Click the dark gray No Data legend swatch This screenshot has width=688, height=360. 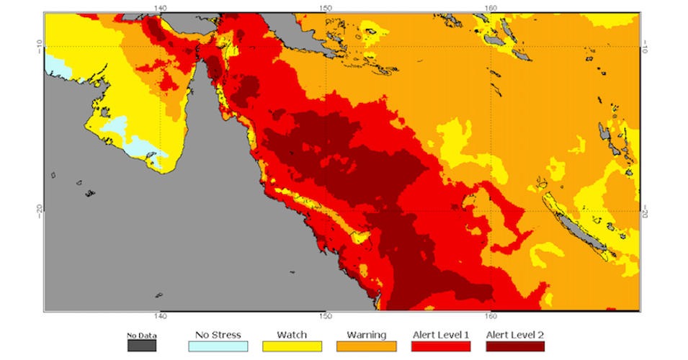(141, 346)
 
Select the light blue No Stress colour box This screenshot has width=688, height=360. (218, 346)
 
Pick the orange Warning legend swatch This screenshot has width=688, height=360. (366, 346)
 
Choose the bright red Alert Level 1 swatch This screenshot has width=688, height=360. (440, 346)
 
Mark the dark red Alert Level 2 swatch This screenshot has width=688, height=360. (515, 346)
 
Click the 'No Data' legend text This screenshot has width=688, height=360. (141, 335)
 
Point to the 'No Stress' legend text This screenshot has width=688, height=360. (218, 335)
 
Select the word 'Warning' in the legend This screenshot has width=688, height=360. (366, 335)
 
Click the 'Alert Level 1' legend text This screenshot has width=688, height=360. (440, 335)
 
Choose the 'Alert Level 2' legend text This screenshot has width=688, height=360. (515, 335)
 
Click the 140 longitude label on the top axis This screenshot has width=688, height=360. (161, 7)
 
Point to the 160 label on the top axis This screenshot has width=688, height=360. (491, 7)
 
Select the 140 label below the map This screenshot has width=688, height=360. (161, 317)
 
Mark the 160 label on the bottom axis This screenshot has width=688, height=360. (491, 317)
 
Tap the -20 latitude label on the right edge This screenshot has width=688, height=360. (645, 211)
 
